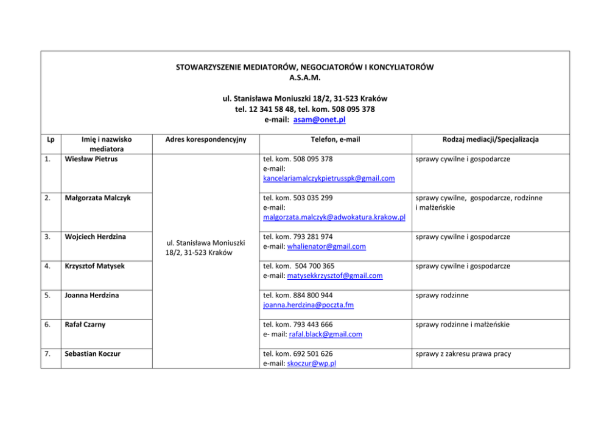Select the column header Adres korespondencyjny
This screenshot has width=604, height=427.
pos(206,139)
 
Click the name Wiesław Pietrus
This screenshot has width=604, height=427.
pos(91,159)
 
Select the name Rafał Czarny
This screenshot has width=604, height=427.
pos(85,324)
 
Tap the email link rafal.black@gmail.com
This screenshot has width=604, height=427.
pos(325,334)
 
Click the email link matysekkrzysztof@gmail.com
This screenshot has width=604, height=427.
pos(334,276)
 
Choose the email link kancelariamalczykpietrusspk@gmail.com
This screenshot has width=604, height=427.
pos(329,178)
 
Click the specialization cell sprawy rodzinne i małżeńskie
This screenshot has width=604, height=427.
pos(463,324)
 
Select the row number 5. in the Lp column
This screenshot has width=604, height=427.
pos(48,295)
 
